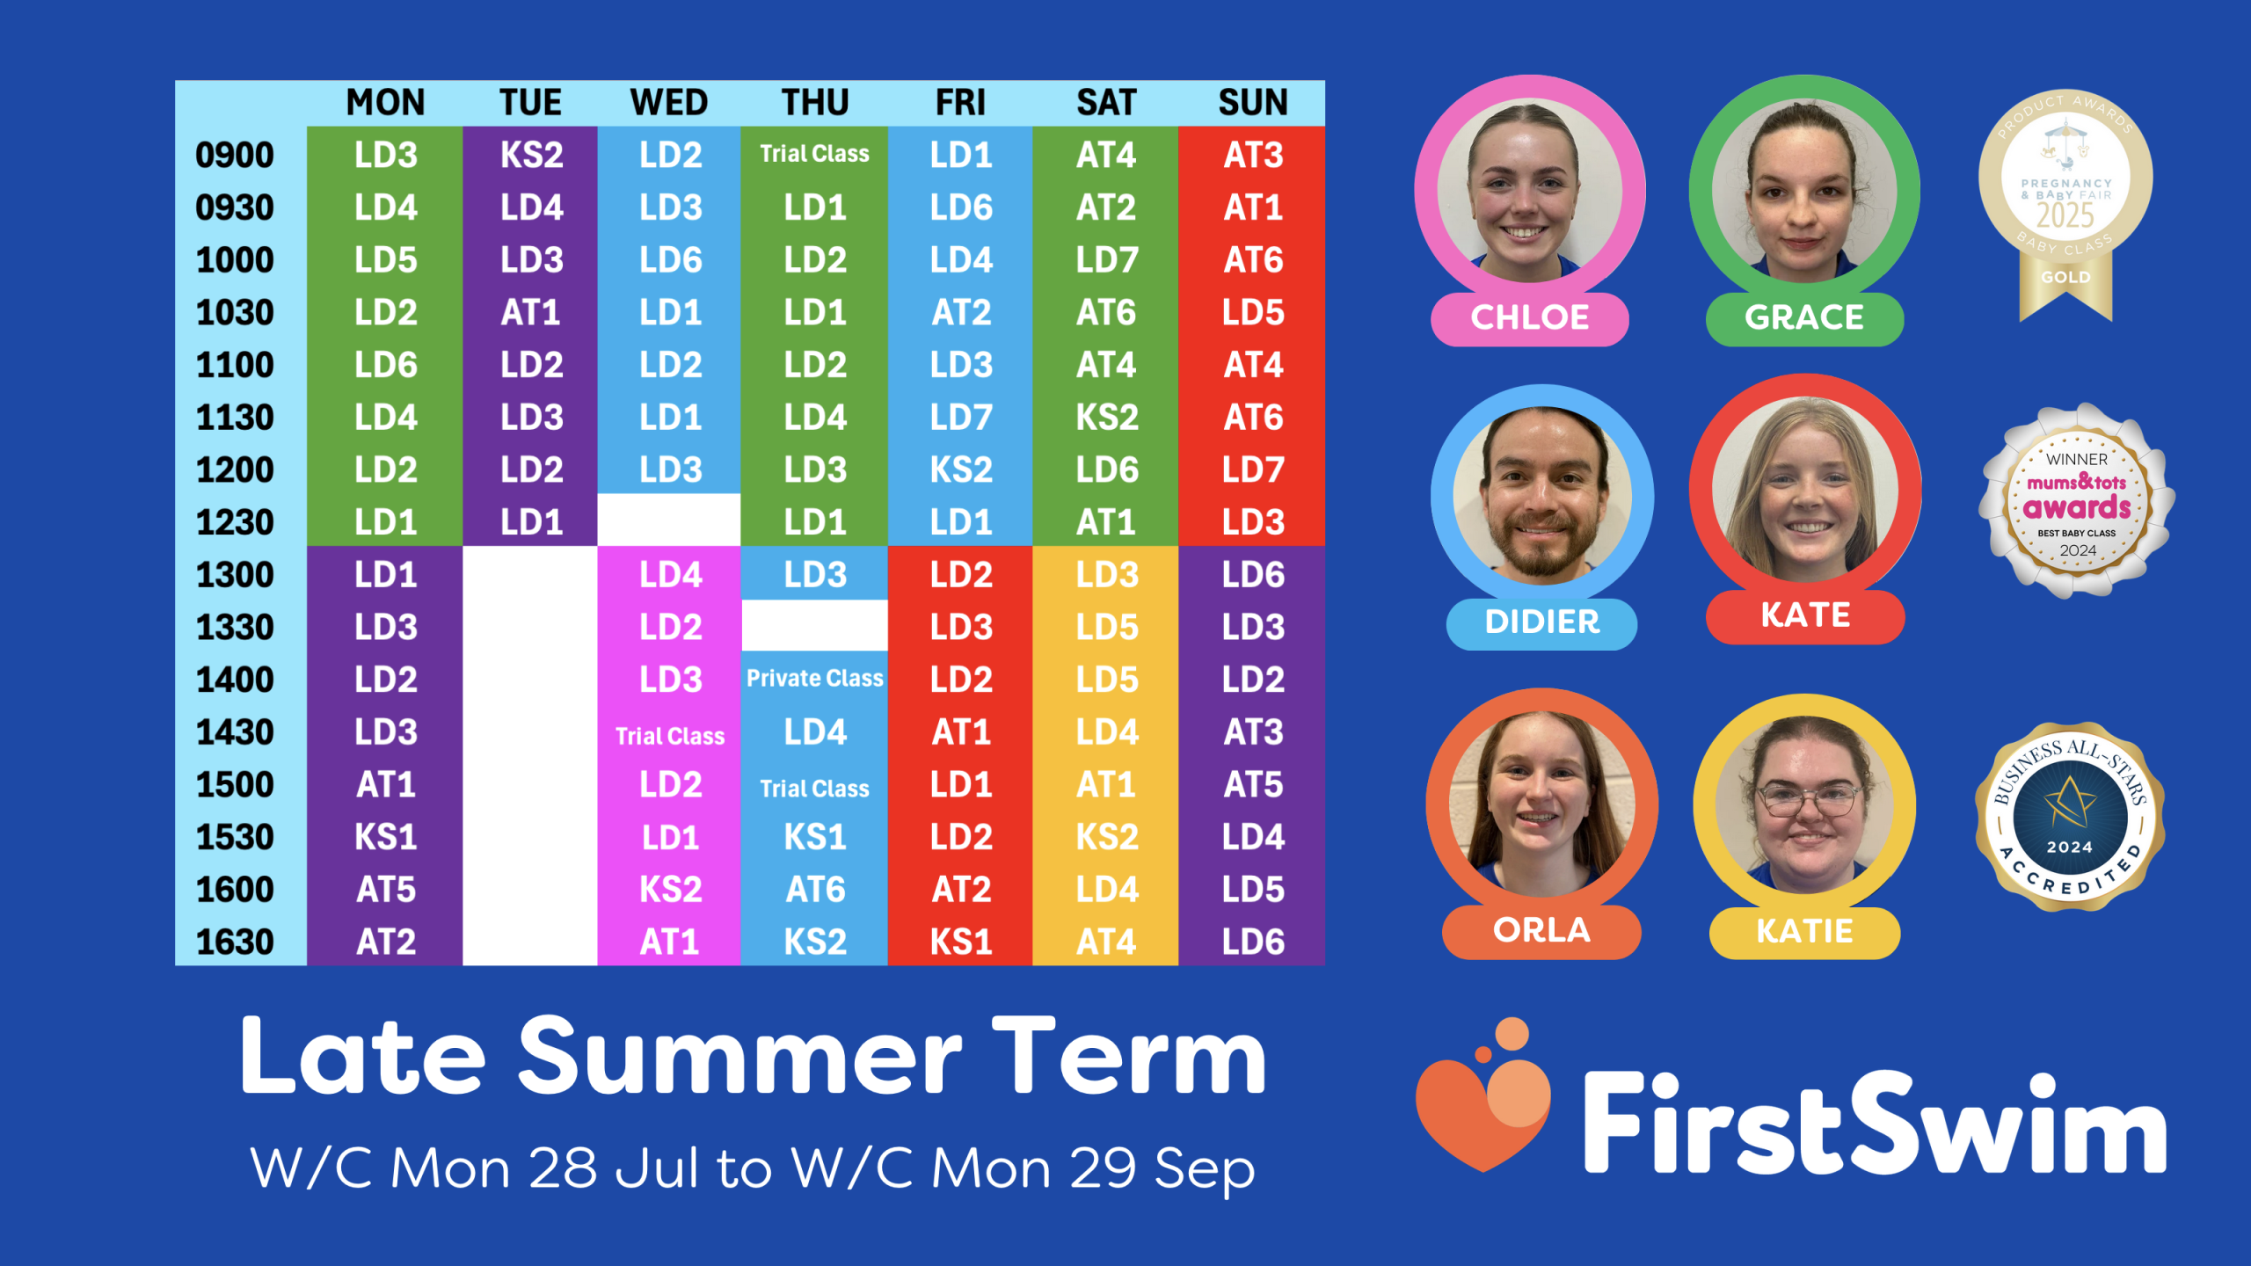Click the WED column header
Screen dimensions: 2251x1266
(668, 103)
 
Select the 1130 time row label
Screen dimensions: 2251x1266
(235, 418)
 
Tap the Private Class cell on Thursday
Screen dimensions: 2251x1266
(814, 679)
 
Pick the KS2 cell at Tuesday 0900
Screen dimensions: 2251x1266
(531, 155)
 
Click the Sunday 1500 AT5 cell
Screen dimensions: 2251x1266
(1252, 784)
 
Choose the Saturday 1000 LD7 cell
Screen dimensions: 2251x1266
(1106, 260)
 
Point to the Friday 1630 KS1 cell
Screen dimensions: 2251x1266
(960, 942)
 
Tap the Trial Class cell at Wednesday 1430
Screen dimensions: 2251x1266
(669, 737)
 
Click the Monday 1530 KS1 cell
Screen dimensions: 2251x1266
(385, 837)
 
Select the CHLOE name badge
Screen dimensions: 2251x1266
(1530, 317)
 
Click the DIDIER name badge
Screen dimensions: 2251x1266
(1541, 622)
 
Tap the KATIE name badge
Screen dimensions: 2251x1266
(1804, 931)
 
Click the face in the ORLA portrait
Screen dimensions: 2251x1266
(1540, 804)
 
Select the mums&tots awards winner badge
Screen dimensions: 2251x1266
(2077, 501)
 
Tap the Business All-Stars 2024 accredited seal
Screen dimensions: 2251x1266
(2070, 817)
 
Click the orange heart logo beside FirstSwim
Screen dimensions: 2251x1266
(1484, 1097)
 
